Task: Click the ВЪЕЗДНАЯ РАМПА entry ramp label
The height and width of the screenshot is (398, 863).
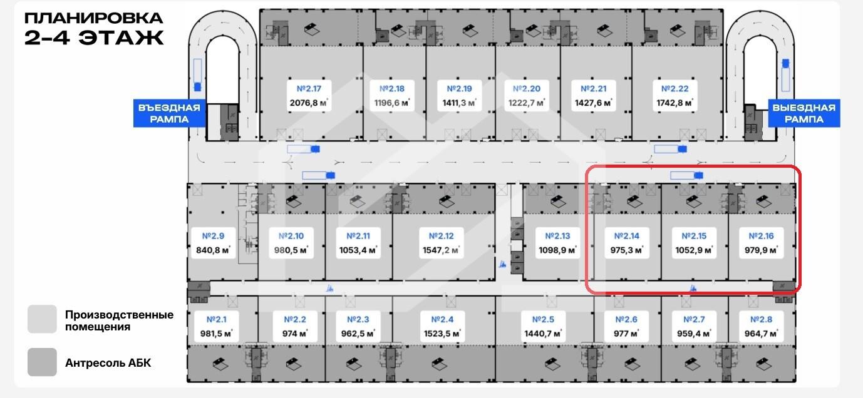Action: (x=170, y=113)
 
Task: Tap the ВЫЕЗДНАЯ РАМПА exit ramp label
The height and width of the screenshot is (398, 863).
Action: (x=804, y=113)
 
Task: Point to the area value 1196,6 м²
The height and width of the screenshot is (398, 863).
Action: (x=391, y=102)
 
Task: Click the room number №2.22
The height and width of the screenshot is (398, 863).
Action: (x=674, y=89)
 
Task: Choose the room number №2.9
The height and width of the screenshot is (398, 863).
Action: (x=213, y=237)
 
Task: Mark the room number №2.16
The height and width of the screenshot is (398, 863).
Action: (x=761, y=237)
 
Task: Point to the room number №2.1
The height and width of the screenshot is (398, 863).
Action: (x=213, y=320)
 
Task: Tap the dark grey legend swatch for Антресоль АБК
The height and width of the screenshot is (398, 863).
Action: (x=42, y=362)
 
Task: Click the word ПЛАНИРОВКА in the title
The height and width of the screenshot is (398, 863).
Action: (x=94, y=18)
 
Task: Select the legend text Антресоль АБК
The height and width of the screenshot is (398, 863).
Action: (x=108, y=363)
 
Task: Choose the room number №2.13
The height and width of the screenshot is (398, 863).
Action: (x=557, y=237)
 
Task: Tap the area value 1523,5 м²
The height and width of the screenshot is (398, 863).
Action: (x=447, y=334)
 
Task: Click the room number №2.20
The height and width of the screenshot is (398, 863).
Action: (x=526, y=89)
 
